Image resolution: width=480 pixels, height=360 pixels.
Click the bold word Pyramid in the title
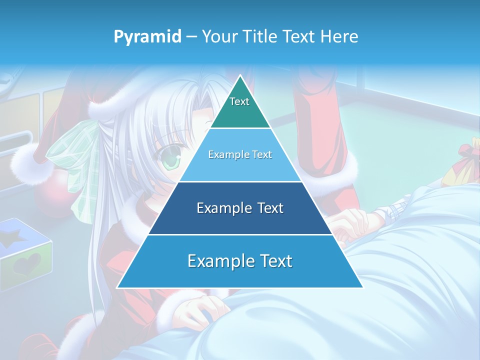point(147,37)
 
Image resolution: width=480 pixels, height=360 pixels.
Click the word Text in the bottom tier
point(273,261)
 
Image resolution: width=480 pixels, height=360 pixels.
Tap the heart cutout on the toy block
point(27,263)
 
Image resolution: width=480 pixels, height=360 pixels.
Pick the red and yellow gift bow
point(467,160)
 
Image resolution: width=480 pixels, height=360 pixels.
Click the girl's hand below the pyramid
point(200,310)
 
